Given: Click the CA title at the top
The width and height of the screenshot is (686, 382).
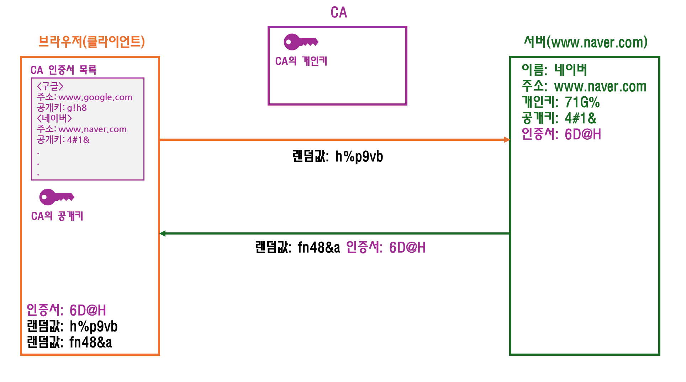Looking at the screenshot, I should pyautogui.click(x=338, y=12).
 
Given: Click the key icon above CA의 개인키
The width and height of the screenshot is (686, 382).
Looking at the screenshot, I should pyautogui.click(x=301, y=42).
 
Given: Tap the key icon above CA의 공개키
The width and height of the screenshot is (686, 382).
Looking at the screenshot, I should pyautogui.click(x=56, y=197).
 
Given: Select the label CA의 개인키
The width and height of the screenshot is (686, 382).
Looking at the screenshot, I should pyautogui.click(x=301, y=61).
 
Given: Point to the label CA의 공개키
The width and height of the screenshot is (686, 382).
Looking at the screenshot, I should pyautogui.click(x=57, y=216).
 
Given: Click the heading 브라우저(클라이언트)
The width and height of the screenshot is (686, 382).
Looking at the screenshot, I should pyautogui.click(x=91, y=42).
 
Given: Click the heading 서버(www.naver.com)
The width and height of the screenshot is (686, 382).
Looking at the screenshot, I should pyautogui.click(x=585, y=42).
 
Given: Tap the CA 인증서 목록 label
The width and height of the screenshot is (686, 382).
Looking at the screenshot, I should pyautogui.click(x=63, y=70).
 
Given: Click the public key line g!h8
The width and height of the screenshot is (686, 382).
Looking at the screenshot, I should pyautogui.click(x=62, y=108).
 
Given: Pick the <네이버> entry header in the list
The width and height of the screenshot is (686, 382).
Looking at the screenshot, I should pyautogui.click(x=54, y=118).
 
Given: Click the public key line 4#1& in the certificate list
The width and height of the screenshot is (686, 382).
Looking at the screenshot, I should pyautogui.click(x=63, y=140).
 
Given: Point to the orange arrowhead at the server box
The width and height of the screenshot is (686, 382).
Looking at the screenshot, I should pyautogui.click(x=507, y=140).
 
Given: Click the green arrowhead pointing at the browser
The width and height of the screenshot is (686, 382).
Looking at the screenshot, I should pyautogui.click(x=163, y=233).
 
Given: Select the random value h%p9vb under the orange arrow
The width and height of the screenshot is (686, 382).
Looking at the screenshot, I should pyautogui.click(x=359, y=156).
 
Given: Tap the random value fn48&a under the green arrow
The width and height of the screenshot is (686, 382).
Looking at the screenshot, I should pyautogui.click(x=318, y=247).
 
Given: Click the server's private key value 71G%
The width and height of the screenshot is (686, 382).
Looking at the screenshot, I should pyautogui.click(x=582, y=102).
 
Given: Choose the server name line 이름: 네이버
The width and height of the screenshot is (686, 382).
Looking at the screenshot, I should pyautogui.click(x=554, y=70).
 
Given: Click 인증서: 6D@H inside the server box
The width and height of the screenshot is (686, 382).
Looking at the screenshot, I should pyautogui.click(x=561, y=134).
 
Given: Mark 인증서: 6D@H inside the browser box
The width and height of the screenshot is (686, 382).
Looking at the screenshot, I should pyautogui.click(x=66, y=310).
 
